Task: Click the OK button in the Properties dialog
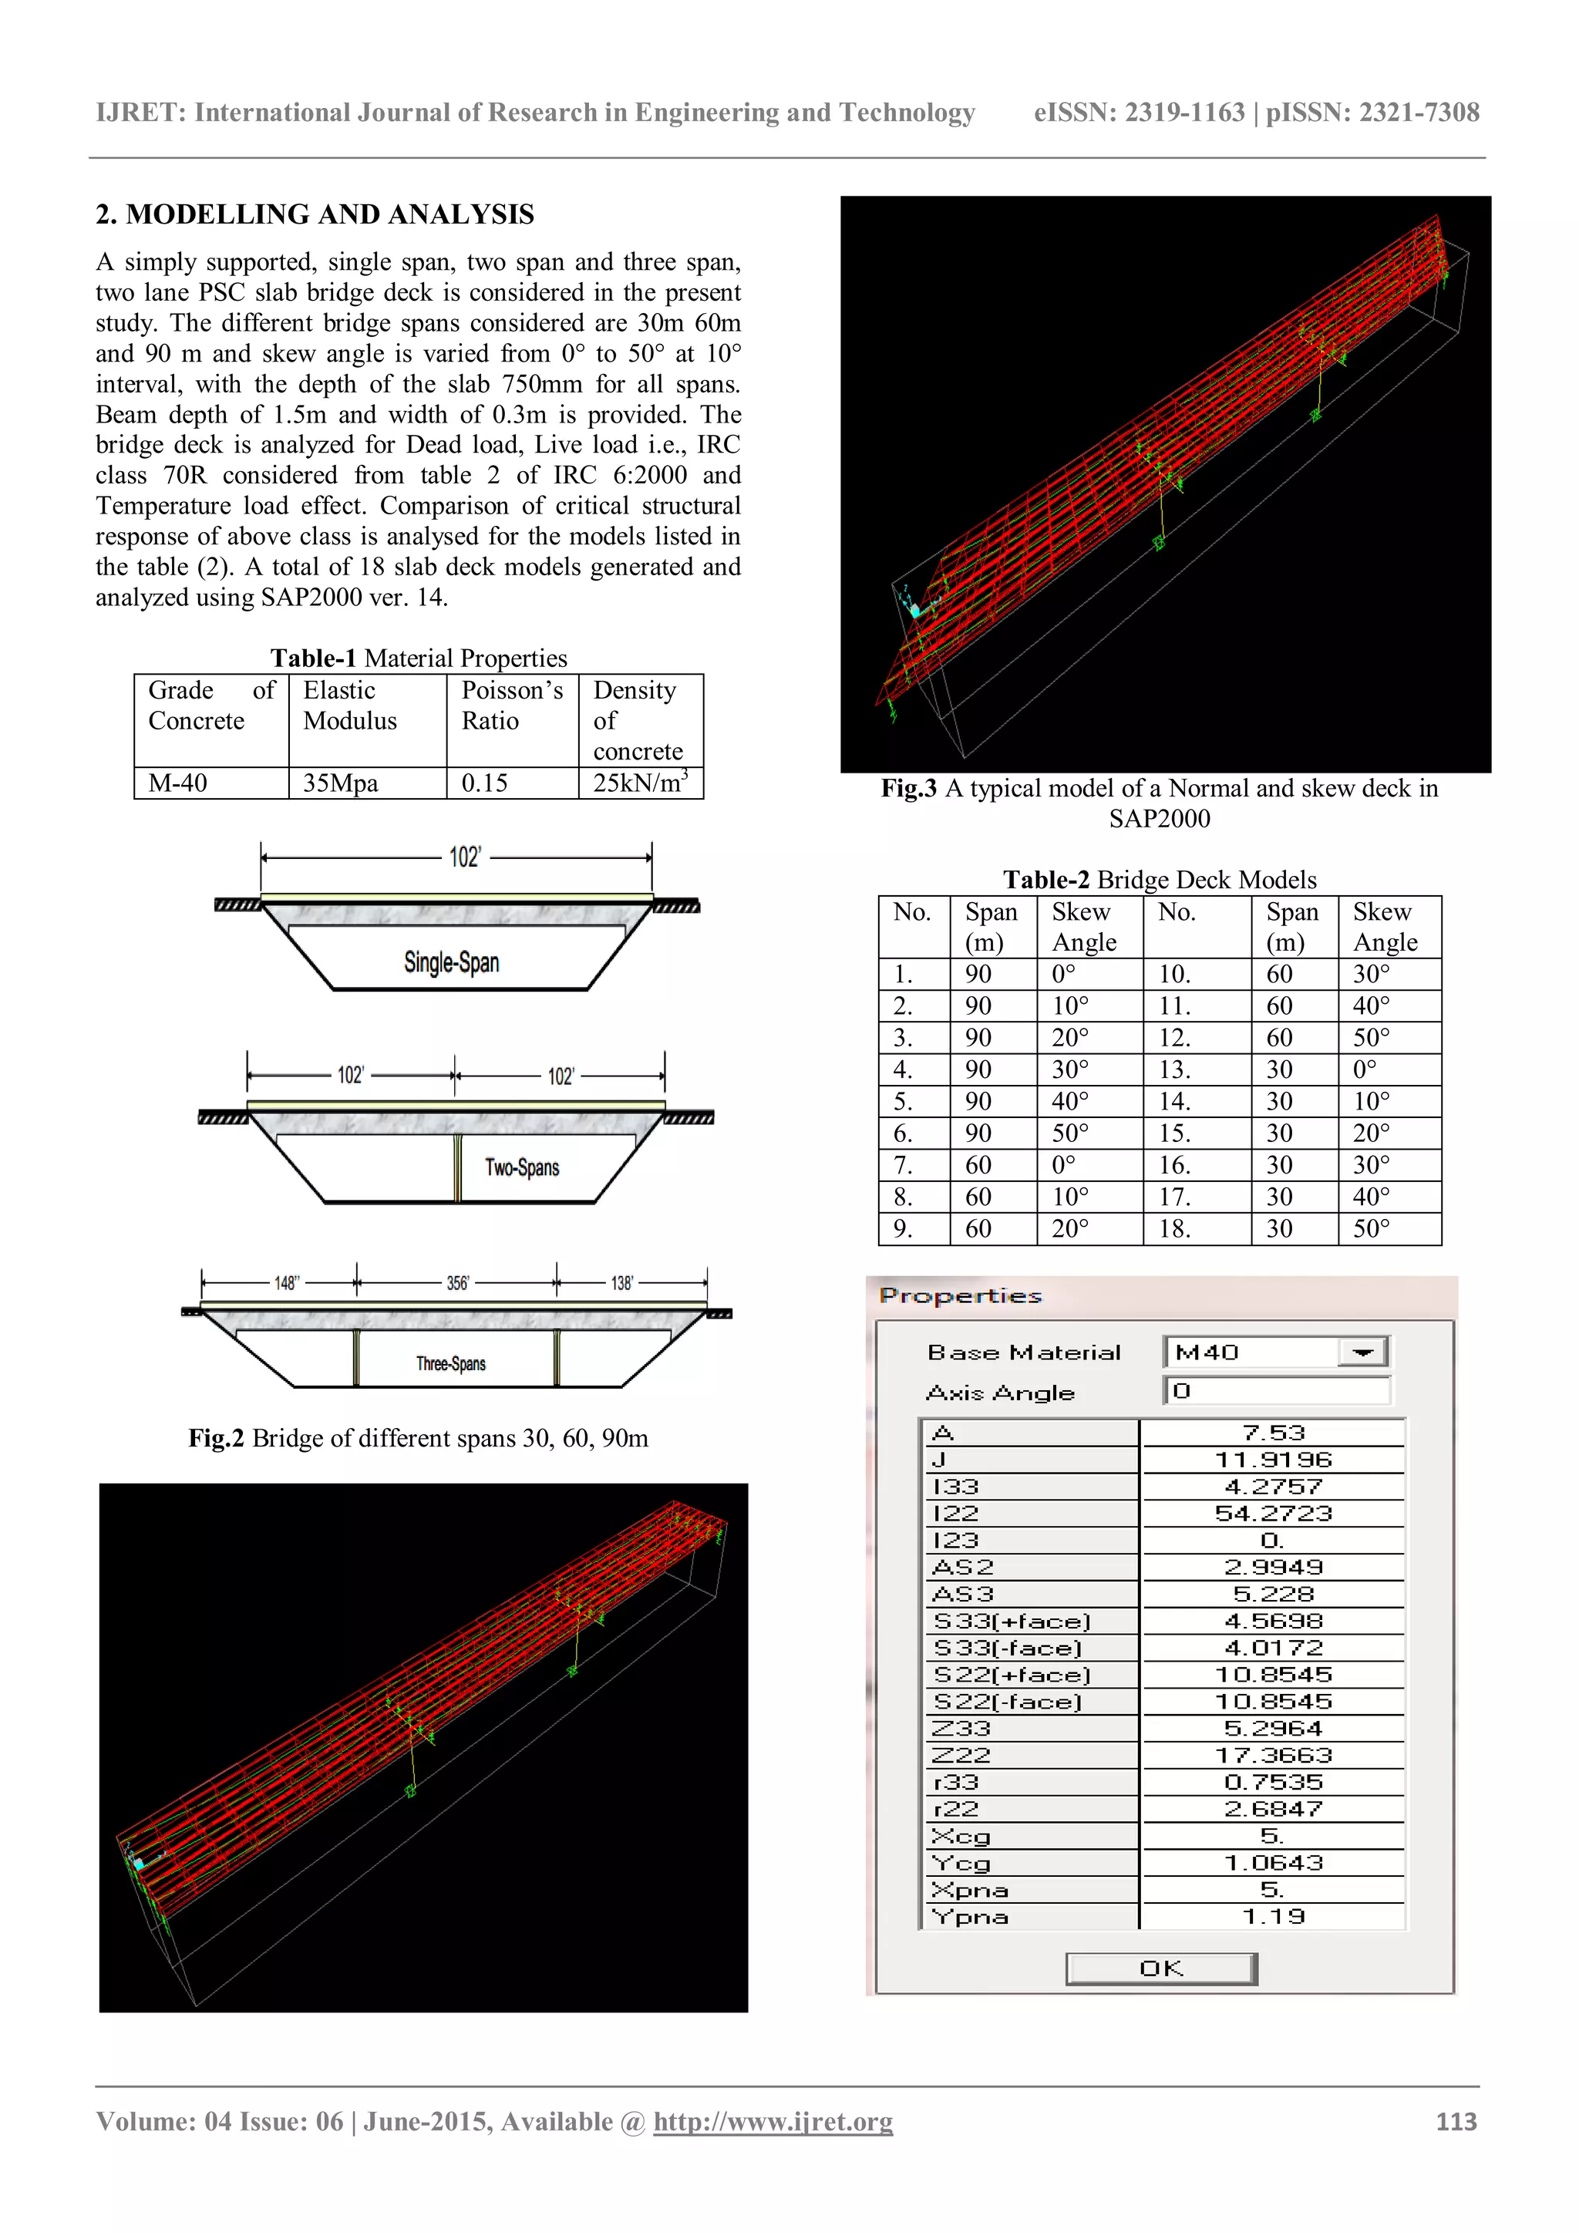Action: [1161, 1969]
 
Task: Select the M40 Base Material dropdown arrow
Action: [1363, 1352]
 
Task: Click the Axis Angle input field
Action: [1278, 1391]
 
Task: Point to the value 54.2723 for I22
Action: [1273, 1514]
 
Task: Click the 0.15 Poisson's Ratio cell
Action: [484, 783]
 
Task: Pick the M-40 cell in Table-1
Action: [178, 783]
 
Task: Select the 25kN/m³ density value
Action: [640, 783]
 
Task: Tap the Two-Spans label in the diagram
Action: [522, 1167]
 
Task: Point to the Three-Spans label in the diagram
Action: [450, 1363]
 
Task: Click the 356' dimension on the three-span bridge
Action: [457, 1283]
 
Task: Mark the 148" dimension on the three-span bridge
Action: [286, 1283]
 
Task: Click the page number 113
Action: [1456, 2121]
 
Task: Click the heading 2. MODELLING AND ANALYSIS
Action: [315, 214]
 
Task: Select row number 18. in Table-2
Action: [1174, 1228]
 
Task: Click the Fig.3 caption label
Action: [908, 788]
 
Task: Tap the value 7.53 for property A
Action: [1273, 1433]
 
